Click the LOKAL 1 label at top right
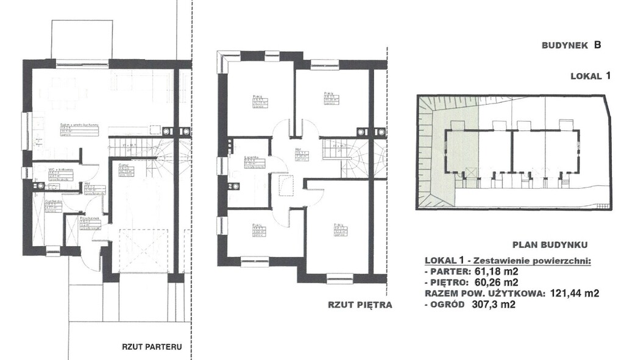[590, 76]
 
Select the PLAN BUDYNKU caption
[549, 245]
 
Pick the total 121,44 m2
[573, 293]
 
